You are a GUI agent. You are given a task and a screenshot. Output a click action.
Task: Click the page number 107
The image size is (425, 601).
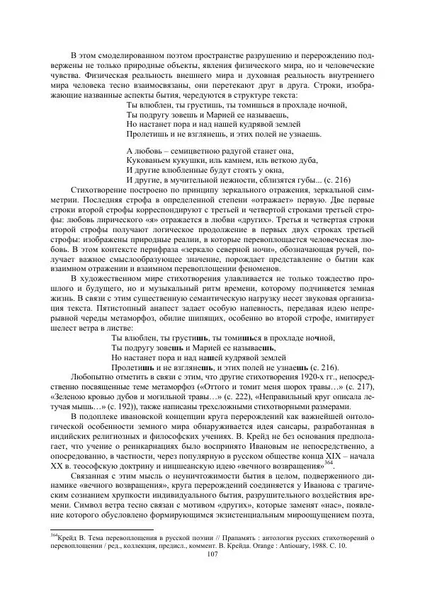212,574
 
